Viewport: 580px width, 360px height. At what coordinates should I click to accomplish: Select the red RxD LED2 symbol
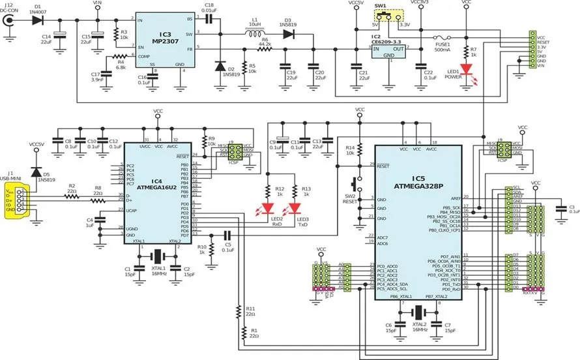point(267,209)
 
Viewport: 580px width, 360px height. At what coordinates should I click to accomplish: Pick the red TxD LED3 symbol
point(296,209)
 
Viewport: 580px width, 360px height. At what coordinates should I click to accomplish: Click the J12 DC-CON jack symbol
point(9,20)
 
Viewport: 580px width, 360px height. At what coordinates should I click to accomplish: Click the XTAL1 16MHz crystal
point(157,256)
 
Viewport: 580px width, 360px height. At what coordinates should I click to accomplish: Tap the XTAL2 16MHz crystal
point(418,314)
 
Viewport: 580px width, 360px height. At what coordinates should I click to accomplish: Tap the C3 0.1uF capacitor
point(559,209)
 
